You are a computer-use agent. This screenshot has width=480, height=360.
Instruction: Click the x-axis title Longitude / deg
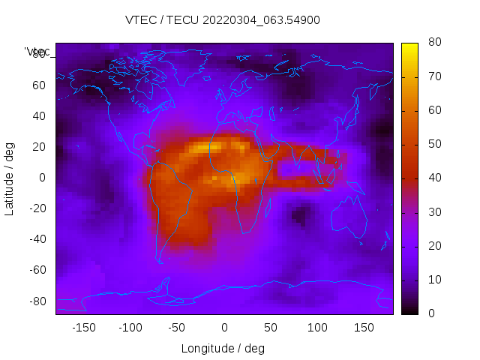click(x=223, y=348)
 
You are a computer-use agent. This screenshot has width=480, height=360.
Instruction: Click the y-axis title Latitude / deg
click(x=10, y=177)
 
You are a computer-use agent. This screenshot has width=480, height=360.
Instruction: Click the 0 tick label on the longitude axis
click(x=223, y=327)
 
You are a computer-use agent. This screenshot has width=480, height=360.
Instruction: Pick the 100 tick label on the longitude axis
click(x=317, y=327)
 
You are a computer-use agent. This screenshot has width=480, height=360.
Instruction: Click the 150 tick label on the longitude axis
click(x=364, y=327)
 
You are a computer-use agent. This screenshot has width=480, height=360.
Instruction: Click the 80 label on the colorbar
click(x=433, y=43)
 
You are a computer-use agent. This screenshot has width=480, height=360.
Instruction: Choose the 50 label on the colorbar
click(x=433, y=144)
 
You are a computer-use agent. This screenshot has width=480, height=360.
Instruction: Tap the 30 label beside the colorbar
click(x=433, y=211)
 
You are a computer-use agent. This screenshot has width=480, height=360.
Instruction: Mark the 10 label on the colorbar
click(x=433, y=279)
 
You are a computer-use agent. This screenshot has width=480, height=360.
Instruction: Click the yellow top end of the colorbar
click(x=409, y=46)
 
